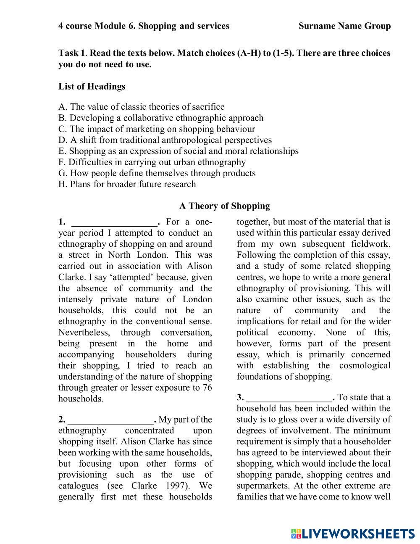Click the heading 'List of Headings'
92,87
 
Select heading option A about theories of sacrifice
142,107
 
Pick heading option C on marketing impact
157,129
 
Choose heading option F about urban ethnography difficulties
152,162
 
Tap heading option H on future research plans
127,184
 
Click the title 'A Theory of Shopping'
225,206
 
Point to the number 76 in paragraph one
207,388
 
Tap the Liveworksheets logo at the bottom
353,534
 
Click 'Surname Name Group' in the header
344,26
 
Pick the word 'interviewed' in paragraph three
323,453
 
